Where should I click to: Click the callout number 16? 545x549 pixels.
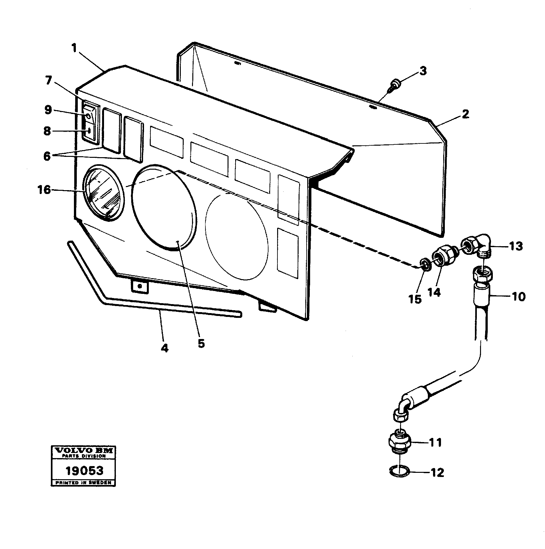[x=44, y=190]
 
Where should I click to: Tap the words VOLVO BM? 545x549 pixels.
[x=84, y=451]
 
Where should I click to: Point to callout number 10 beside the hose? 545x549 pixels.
[x=519, y=296]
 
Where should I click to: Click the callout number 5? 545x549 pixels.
[x=201, y=343]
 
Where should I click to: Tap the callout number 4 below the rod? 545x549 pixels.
[x=164, y=348]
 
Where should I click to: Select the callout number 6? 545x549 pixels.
[x=47, y=156]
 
